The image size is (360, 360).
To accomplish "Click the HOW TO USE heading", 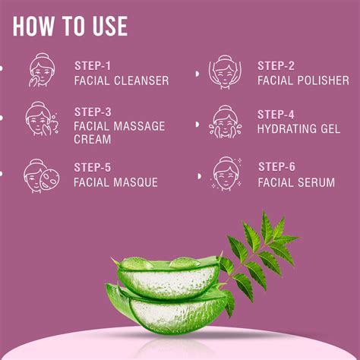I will [x=70, y=27].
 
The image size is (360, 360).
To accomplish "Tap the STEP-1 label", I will [x=93, y=65].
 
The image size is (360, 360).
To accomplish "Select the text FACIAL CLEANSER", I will [x=122, y=81].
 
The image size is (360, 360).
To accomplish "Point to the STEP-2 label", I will [x=276, y=65].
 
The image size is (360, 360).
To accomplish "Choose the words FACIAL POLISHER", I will [x=303, y=81].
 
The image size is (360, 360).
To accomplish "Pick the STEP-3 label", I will [x=93, y=112].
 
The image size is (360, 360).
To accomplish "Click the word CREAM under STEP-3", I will [x=93, y=140].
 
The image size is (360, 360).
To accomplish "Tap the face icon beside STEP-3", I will [x=39, y=122].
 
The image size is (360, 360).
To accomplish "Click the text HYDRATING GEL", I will [x=298, y=129].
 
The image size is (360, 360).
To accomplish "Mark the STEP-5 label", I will [x=93, y=167].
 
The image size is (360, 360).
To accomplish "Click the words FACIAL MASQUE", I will [x=115, y=182].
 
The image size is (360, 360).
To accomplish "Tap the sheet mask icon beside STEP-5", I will [x=39, y=175].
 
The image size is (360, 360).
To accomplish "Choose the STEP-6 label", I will [x=276, y=167].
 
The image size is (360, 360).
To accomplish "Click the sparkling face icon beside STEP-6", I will [x=226, y=174].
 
